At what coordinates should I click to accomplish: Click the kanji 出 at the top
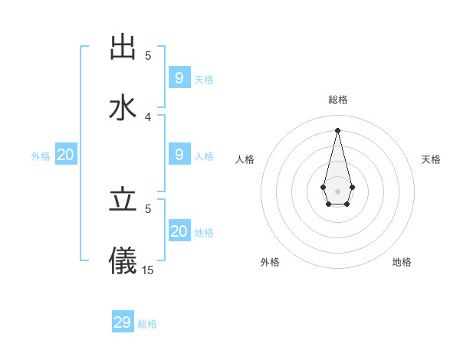coord(123,47)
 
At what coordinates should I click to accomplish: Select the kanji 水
coord(123,107)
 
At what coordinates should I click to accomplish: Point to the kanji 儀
coord(123,260)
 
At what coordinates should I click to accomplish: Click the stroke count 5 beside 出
coord(148,55)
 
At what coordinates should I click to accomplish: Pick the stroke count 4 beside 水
coord(148,116)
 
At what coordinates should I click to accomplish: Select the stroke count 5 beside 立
coord(148,208)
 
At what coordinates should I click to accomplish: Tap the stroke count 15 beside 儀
coord(148,270)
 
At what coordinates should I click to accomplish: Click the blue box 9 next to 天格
coord(179,78)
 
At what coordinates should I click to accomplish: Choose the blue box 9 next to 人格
coord(179,155)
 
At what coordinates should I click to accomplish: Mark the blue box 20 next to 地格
coord(179,231)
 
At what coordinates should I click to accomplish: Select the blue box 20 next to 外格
coord(65,155)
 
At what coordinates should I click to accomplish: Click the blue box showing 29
coord(123,322)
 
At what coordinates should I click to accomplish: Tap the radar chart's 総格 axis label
coord(338,100)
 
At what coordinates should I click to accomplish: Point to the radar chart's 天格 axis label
coord(432,159)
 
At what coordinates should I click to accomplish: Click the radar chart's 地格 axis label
coord(402,262)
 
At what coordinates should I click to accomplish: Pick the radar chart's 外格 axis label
coord(270,262)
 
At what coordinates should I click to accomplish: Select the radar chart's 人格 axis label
coord(245,159)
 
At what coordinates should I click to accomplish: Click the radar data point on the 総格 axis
coord(337,129)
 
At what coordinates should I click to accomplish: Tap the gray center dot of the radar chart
coord(337,190)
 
